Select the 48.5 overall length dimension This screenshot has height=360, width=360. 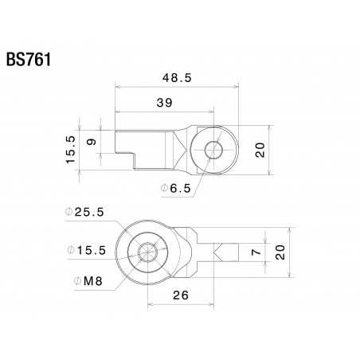[x=177, y=77]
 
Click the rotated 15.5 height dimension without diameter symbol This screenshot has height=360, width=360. [x=70, y=149]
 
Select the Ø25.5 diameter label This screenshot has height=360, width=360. [x=85, y=212]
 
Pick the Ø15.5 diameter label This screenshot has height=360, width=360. [x=85, y=250]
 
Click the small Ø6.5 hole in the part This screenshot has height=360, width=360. [x=213, y=149]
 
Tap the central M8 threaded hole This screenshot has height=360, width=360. [x=147, y=252]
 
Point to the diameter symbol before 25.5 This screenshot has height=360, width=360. [x=69, y=212]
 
